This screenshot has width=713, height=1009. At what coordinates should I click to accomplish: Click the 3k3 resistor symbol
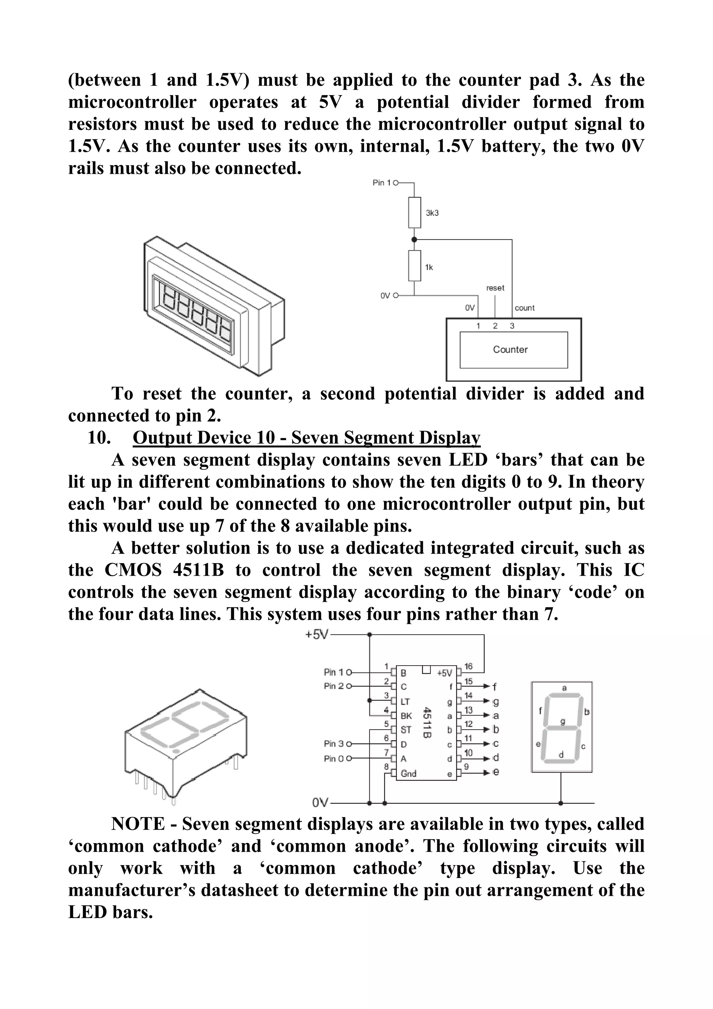coord(414,213)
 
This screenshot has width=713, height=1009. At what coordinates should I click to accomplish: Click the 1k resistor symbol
coord(414,265)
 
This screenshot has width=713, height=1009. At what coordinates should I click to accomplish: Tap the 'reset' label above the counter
coord(495,288)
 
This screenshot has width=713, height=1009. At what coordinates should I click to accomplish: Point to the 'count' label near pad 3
coord(525,308)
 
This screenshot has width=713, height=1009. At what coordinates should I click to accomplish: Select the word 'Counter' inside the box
coord(510,349)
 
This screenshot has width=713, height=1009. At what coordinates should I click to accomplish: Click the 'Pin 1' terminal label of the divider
coord(381,183)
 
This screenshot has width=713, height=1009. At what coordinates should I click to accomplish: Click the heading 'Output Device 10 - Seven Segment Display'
coord(306,438)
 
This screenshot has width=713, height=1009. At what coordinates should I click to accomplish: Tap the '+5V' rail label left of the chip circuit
coord(317,635)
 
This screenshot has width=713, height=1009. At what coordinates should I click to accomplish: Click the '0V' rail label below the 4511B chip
coord(320,803)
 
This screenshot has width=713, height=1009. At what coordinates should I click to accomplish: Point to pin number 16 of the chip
coord(468,666)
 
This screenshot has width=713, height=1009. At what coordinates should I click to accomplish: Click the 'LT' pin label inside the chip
coord(405,702)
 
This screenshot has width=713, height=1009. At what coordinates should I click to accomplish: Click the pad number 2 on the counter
coord(495,326)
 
